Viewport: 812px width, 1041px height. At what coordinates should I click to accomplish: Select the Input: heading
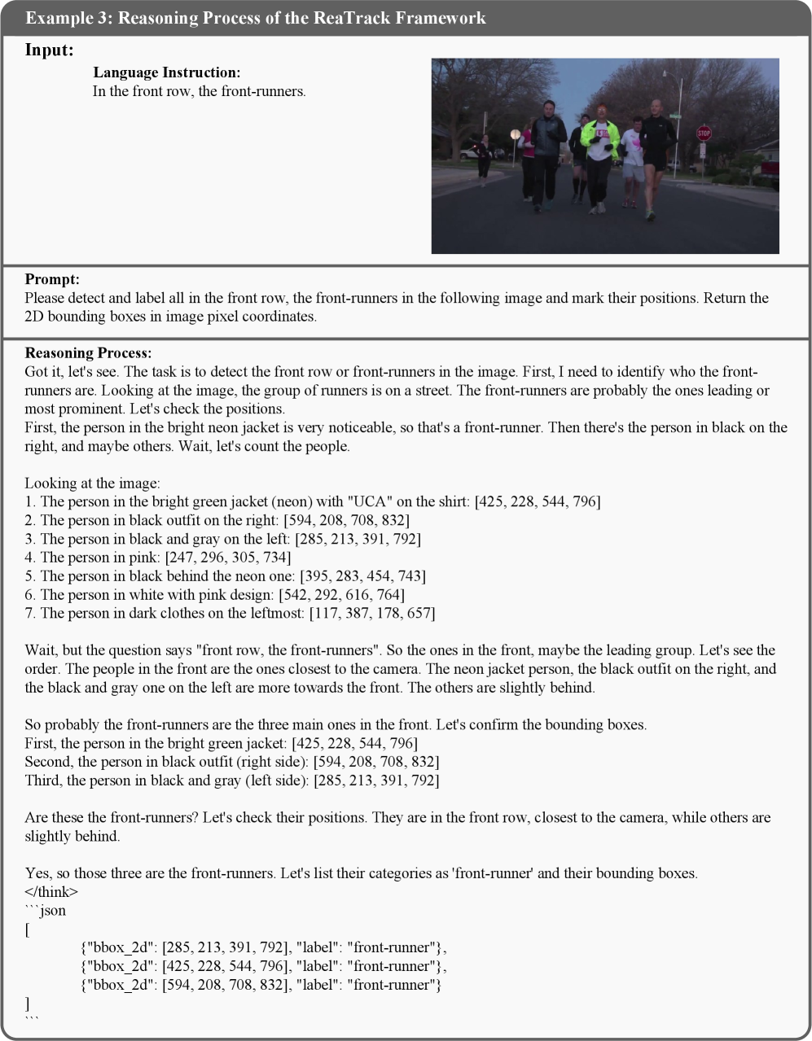point(49,50)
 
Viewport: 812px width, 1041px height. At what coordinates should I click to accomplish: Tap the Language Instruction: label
point(167,73)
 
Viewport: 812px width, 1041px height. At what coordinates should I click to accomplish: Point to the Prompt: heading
point(52,280)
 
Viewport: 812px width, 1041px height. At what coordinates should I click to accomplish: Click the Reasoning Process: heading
point(88,353)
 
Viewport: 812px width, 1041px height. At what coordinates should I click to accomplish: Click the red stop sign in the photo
point(704,133)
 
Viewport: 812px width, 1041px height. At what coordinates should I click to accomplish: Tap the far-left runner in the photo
point(484,156)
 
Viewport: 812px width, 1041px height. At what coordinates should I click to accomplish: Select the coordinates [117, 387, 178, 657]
point(371,614)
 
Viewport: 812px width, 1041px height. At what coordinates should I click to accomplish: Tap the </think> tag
point(51,892)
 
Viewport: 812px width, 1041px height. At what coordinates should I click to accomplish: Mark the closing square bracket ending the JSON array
point(29,1004)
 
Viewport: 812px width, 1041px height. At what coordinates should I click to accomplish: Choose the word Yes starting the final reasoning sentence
point(37,873)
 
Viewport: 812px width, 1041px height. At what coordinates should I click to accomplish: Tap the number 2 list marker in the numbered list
point(29,520)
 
